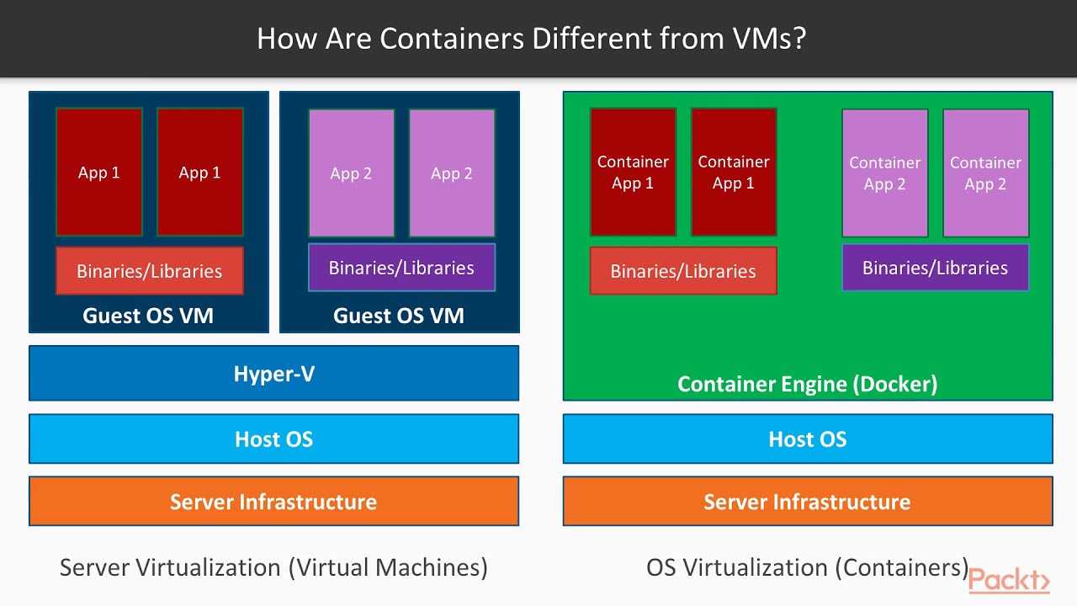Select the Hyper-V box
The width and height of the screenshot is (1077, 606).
point(273,374)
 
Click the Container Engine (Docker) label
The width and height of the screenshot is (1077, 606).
point(807,385)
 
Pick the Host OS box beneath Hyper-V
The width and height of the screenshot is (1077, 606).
point(273,439)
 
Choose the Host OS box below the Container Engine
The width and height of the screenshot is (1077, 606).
point(807,439)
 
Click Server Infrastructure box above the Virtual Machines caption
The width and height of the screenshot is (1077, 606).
point(273,502)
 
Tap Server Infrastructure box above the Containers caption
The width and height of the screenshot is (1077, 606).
point(807,502)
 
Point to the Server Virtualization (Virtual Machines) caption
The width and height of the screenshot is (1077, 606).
point(273,567)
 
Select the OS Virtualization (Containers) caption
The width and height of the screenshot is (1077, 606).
point(807,567)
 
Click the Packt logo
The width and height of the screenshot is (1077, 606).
point(1009,581)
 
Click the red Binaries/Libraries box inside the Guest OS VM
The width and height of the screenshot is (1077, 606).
point(150,271)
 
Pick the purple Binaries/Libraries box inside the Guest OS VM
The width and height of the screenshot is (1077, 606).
point(401,268)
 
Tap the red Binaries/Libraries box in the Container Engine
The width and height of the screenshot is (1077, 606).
point(683,271)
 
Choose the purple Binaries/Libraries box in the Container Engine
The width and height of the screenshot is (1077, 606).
point(935,268)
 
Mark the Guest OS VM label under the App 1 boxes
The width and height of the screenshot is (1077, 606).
point(148,316)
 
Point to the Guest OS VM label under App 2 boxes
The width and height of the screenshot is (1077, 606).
point(399,316)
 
